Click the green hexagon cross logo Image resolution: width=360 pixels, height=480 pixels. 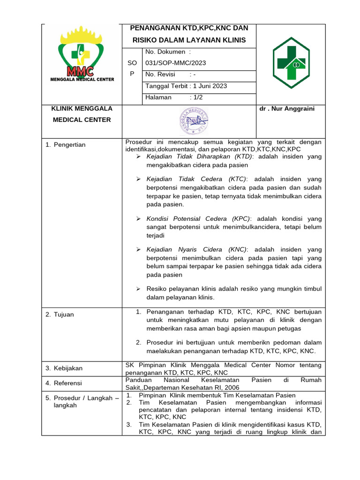[291, 63]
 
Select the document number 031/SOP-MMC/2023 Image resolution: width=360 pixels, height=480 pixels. [176, 63]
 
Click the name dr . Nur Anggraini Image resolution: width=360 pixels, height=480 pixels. [286, 109]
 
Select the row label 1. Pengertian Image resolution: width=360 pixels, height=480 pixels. [66, 145]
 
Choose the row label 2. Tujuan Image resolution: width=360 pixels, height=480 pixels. [60, 315]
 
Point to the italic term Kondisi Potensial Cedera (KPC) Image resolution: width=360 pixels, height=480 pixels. [199, 219]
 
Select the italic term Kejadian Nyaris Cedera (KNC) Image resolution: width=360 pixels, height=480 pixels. [196, 249]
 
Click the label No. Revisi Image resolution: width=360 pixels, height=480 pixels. [160, 75]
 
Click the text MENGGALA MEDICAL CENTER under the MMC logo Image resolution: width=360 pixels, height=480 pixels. [82, 79]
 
